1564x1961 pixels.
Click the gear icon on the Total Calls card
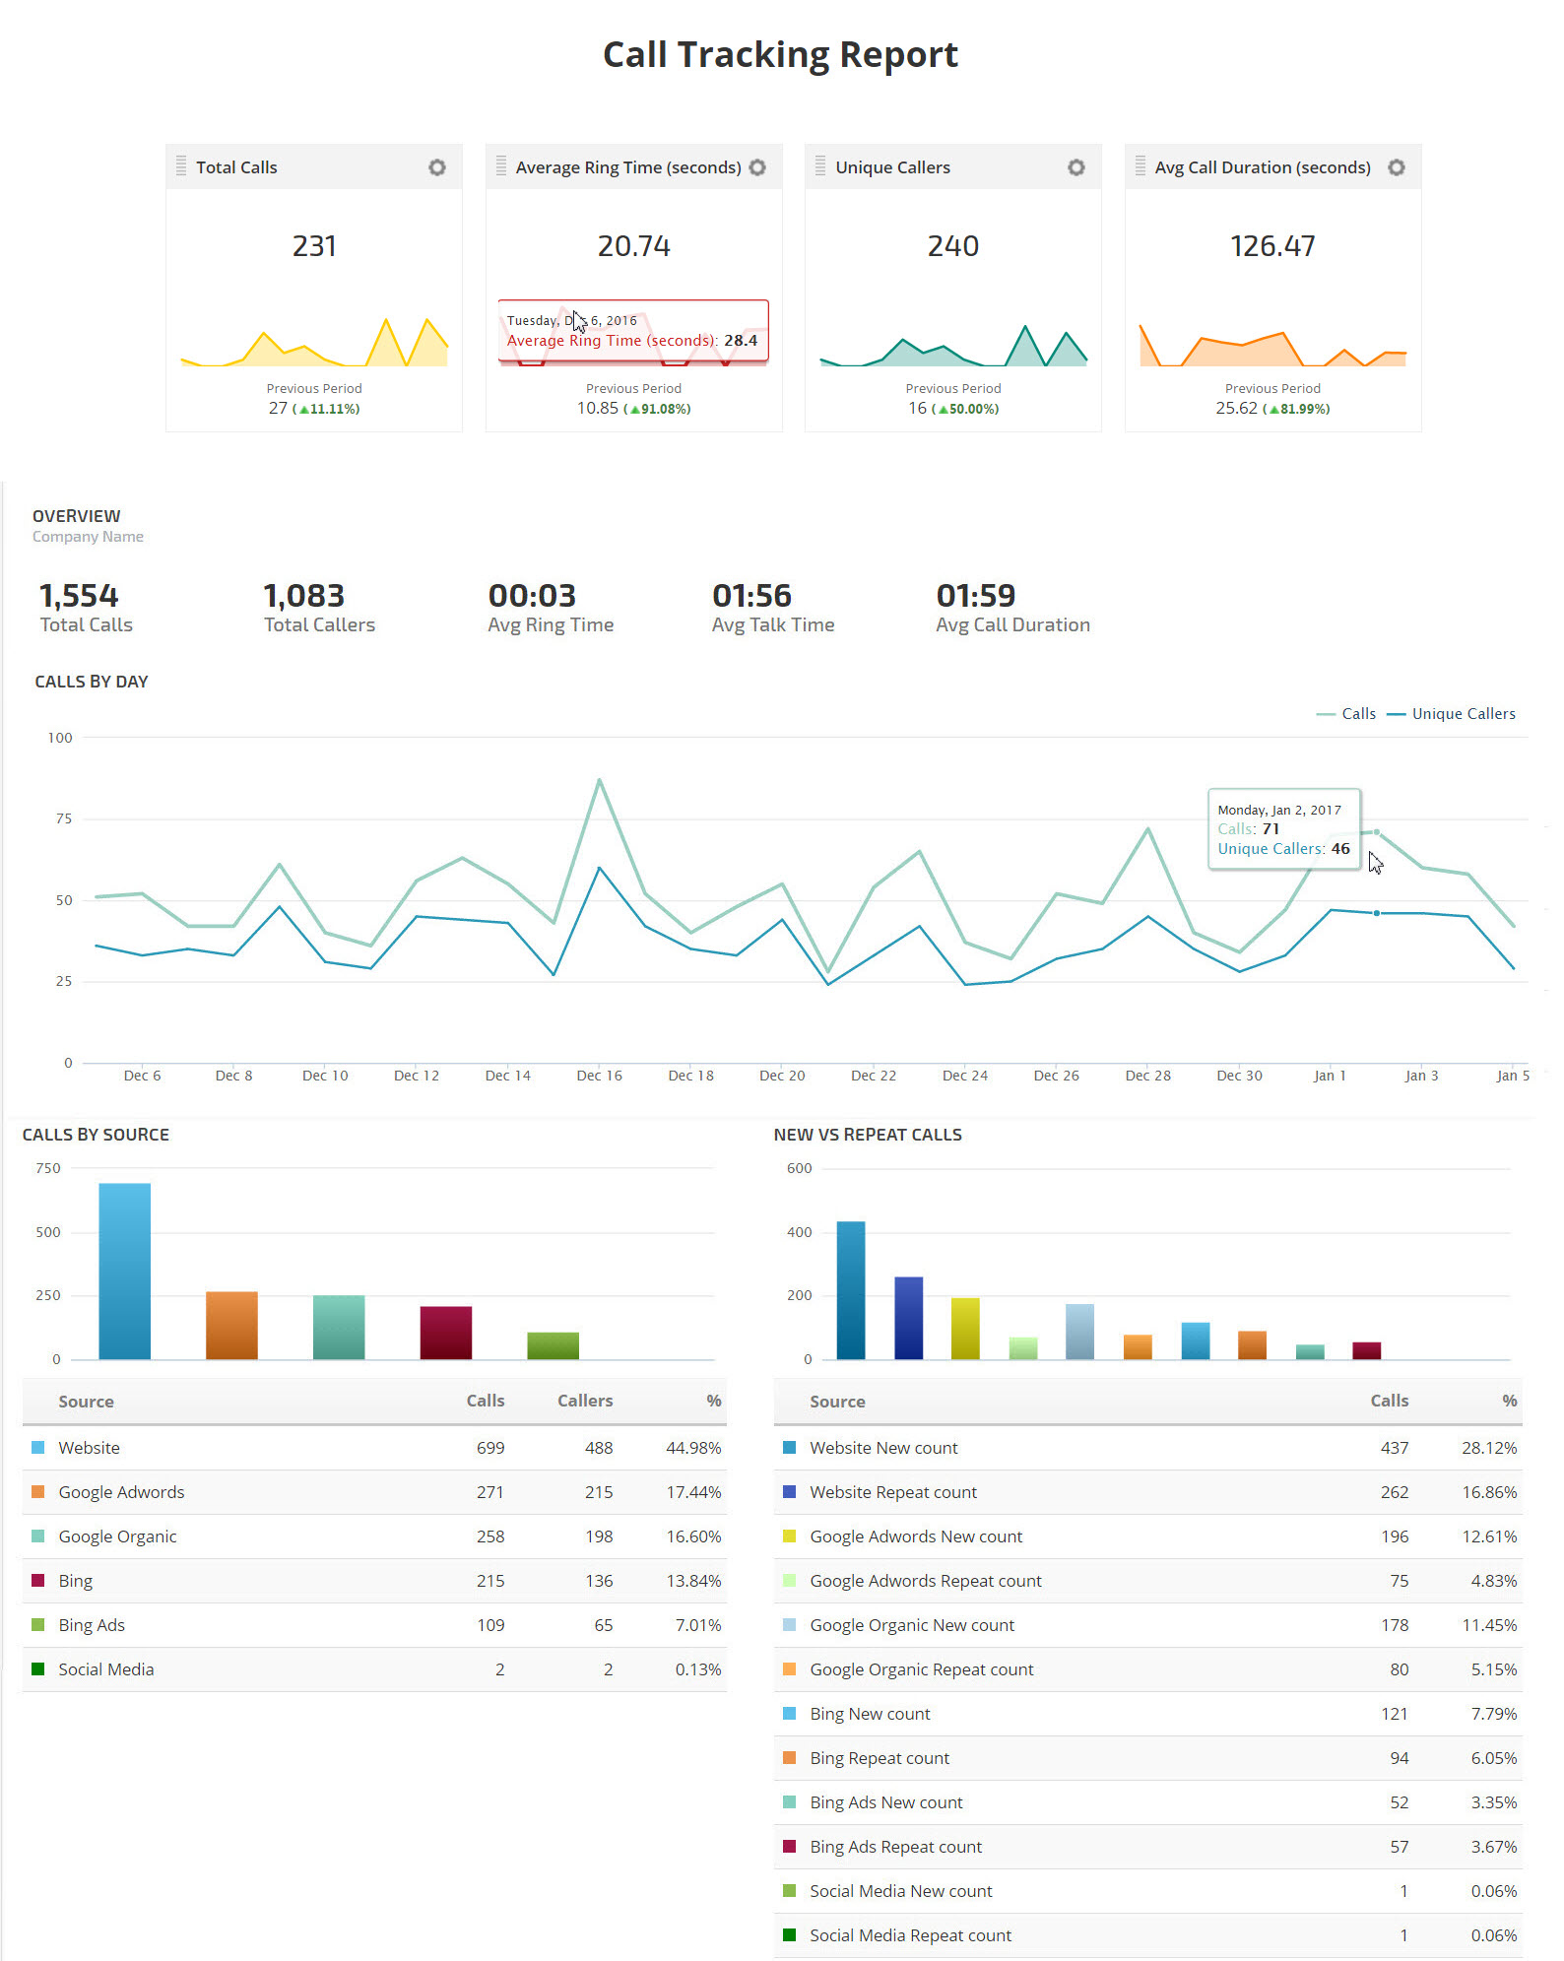tap(437, 167)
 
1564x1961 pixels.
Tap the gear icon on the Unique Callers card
tap(1076, 167)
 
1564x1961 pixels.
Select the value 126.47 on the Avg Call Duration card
tap(1272, 246)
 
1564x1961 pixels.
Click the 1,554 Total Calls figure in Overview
tap(79, 596)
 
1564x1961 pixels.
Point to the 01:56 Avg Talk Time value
tap(751, 596)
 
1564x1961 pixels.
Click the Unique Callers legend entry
tap(1463, 714)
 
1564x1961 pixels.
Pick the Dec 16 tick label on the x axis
tap(599, 1076)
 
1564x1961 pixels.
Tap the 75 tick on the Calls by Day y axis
tap(64, 818)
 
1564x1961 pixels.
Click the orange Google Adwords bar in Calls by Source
tap(231, 1325)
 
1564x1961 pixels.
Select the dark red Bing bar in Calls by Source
tap(446, 1333)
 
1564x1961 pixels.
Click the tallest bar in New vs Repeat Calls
tap(851, 1290)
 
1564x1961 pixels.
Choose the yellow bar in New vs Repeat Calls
tap(965, 1329)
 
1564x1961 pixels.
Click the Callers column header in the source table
tap(585, 1401)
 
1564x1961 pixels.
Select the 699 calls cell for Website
tap(490, 1448)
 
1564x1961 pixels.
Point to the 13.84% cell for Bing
tap(693, 1581)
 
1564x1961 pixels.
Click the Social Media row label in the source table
tap(106, 1669)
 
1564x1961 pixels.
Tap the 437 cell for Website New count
tap(1395, 1448)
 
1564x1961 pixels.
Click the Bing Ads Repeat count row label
tap(896, 1847)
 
